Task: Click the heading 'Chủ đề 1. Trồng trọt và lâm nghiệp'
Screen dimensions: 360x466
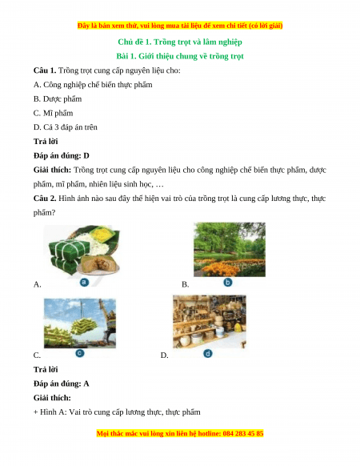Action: point(180,42)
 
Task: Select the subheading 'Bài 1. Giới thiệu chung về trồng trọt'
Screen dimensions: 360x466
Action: point(180,56)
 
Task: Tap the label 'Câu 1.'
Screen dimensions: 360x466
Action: point(45,70)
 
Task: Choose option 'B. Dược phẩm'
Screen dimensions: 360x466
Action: point(58,99)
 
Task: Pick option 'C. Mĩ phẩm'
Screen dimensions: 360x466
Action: point(53,113)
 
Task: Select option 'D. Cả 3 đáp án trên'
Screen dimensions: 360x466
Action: point(66,127)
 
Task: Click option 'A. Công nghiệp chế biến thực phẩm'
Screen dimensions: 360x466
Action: point(93,85)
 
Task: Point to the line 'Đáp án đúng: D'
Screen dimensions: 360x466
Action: point(61,155)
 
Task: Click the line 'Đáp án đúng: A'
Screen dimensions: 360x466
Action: point(61,384)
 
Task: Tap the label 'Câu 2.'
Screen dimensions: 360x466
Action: point(45,199)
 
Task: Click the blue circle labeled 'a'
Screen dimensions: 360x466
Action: point(84,282)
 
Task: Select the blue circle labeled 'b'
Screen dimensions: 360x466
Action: point(228,282)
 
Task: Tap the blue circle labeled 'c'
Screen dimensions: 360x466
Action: point(80,353)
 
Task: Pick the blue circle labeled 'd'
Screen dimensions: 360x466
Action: point(208,353)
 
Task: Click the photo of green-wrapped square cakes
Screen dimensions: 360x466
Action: point(82,251)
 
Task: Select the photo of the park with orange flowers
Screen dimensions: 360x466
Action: point(230,250)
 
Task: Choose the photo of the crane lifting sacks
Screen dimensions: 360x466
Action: point(80,323)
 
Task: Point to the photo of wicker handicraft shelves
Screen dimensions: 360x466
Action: point(210,322)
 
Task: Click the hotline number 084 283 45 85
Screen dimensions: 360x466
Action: point(243,434)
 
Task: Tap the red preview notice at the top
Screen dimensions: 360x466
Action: point(180,26)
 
